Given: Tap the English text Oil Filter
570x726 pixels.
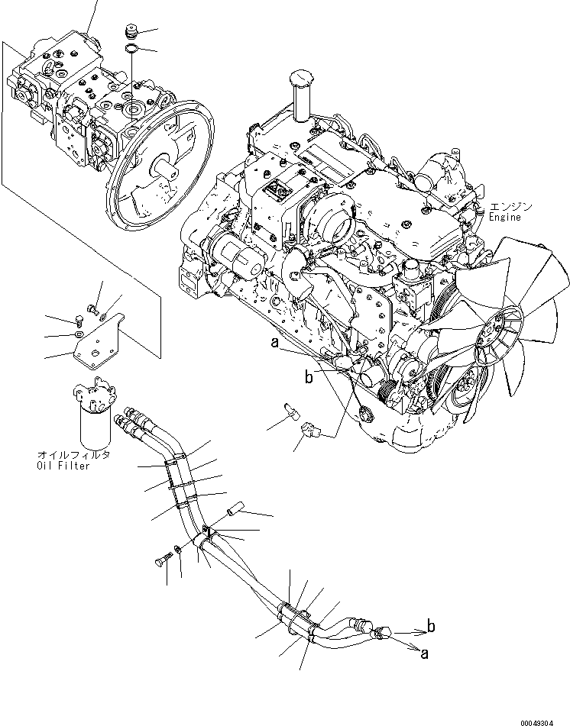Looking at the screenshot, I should (x=63, y=466).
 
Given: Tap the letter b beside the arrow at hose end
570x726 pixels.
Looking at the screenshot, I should (x=432, y=627).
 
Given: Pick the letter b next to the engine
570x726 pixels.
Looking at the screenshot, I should (x=308, y=376).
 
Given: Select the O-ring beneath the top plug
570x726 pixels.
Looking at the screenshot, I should (x=132, y=50).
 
